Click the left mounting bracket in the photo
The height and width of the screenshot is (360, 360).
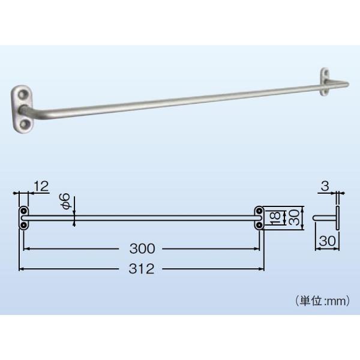click(x=24, y=108)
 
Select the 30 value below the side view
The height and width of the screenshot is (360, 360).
click(x=326, y=240)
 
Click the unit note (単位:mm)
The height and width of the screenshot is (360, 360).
click(x=321, y=301)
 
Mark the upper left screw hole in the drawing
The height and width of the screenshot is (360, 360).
click(x=23, y=212)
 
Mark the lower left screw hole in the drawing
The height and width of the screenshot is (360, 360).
click(x=23, y=224)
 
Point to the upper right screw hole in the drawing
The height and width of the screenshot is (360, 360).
click(x=259, y=212)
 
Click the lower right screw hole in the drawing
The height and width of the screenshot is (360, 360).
click(x=259, y=224)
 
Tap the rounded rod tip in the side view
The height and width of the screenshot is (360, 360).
click(x=316, y=218)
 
